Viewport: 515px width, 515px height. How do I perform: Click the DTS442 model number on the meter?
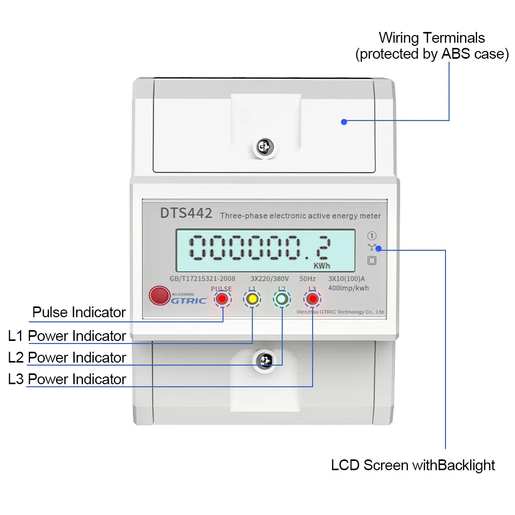[186, 213]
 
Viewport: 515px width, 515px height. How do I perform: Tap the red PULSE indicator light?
[222, 299]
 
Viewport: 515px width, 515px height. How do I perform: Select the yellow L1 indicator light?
[252, 299]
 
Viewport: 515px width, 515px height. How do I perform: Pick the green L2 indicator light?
[282, 299]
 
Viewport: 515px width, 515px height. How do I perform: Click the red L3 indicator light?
[312, 299]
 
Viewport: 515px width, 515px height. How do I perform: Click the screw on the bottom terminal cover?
[265, 360]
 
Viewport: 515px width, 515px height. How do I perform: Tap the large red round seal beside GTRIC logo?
[158, 296]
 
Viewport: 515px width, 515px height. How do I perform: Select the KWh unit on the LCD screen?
[322, 266]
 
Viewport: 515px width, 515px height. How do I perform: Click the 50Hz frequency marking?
[308, 279]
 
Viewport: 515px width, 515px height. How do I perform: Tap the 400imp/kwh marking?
[348, 288]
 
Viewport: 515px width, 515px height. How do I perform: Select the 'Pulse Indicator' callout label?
[79, 312]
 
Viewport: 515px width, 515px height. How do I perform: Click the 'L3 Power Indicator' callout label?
[67, 379]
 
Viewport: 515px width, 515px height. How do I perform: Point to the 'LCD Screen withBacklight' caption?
[413, 466]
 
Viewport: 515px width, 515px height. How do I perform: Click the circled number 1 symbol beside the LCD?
[372, 236]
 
